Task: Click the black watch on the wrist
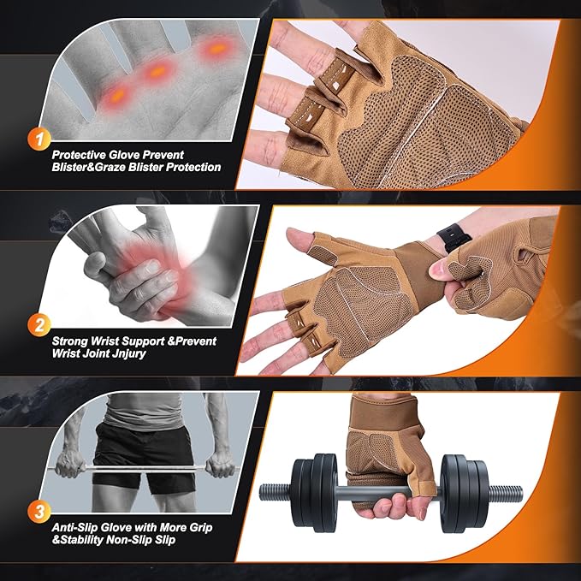pos(450,237)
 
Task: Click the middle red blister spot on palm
pos(157,73)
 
